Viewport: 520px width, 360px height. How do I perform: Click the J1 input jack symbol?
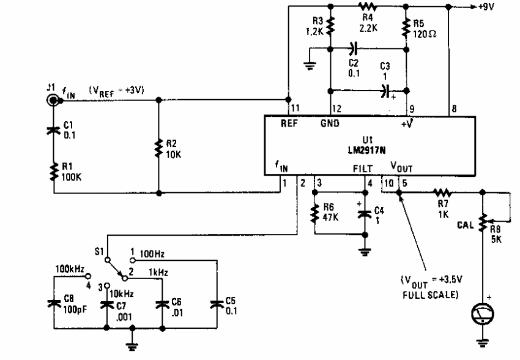tap(53, 100)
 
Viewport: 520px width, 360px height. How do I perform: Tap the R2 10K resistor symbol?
tap(158, 148)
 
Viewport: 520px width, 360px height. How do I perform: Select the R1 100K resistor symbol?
tap(54, 172)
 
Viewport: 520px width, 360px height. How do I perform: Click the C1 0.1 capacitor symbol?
tap(54, 130)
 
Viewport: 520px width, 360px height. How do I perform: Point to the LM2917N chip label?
tap(367, 150)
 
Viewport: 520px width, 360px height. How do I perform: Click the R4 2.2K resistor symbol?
tap(368, 6)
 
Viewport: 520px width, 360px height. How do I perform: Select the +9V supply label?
tap(486, 6)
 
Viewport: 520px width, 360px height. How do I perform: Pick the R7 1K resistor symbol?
tap(443, 192)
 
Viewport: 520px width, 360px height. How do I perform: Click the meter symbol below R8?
tap(483, 313)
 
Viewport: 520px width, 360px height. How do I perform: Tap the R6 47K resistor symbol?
tap(315, 214)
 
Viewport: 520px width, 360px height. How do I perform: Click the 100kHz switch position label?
tap(70, 269)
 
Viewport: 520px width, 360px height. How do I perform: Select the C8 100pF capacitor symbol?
tap(54, 303)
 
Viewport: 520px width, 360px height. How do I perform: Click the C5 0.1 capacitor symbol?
tap(217, 304)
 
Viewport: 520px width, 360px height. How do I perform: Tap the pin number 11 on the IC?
tap(295, 108)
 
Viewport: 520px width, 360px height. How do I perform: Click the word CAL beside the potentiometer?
tap(466, 225)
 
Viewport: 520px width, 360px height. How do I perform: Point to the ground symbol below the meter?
tap(483, 343)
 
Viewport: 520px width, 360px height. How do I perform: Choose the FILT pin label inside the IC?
tap(363, 168)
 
